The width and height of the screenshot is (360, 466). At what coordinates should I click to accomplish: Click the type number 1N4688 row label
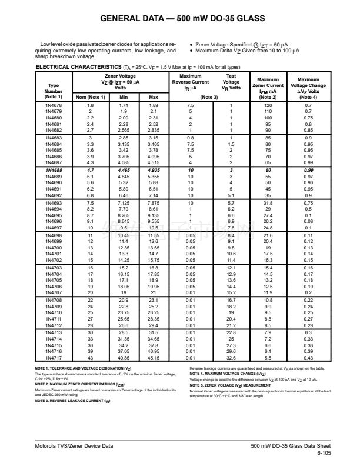click(x=54, y=169)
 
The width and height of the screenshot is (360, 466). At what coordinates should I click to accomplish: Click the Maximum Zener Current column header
click(x=268, y=86)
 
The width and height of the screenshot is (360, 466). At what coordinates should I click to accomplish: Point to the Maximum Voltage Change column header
click(x=308, y=86)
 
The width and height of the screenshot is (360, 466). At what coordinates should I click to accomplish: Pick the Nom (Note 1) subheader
click(x=90, y=96)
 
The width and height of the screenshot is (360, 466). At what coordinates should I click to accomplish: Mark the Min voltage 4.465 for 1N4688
click(x=124, y=169)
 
